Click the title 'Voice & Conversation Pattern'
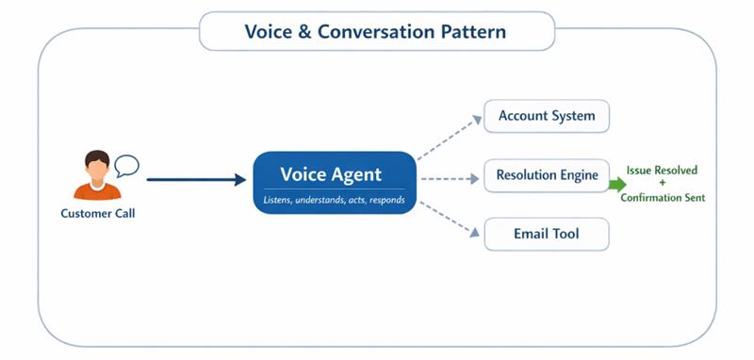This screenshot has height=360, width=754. [x=375, y=31]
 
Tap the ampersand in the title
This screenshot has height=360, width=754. [x=303, y=31]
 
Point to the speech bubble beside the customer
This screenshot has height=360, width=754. [x=126, y=167]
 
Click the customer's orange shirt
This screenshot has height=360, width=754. [x=96, y=190]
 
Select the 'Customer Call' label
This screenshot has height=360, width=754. [x=97, y=213]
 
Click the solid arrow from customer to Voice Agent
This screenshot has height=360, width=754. [x=195, y=179]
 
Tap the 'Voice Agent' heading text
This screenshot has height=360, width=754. [x=331, y=174]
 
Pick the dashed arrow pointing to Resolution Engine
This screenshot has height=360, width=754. [x=449, y=178]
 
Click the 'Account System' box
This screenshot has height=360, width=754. [x=547, y=116]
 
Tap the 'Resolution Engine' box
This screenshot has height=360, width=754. [x=547, y=175]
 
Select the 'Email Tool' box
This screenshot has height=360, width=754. [x=547, y=234]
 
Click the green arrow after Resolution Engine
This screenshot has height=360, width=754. [x=617, y=184]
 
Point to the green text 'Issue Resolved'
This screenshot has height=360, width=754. [x=663, y=170]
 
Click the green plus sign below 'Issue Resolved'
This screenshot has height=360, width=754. [x=663, y=184]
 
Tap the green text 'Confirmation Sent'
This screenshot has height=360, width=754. [x=663, y=198]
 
